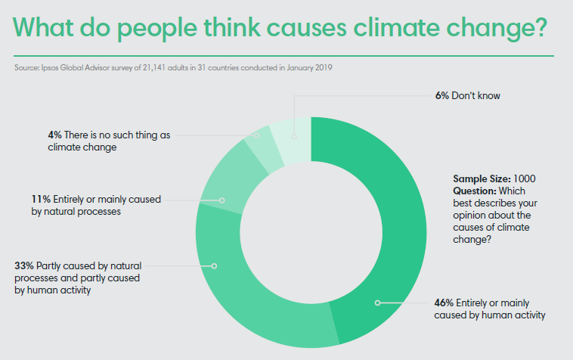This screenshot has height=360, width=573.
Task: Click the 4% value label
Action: [x=54, y=135]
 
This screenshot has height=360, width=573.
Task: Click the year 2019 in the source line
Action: [x=325, y=68]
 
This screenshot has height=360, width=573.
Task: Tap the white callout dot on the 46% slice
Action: [x=376, y=303]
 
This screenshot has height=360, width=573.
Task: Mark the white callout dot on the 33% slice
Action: [x=215, y=266]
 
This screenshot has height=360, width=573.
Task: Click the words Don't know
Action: [x=482, y=96]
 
